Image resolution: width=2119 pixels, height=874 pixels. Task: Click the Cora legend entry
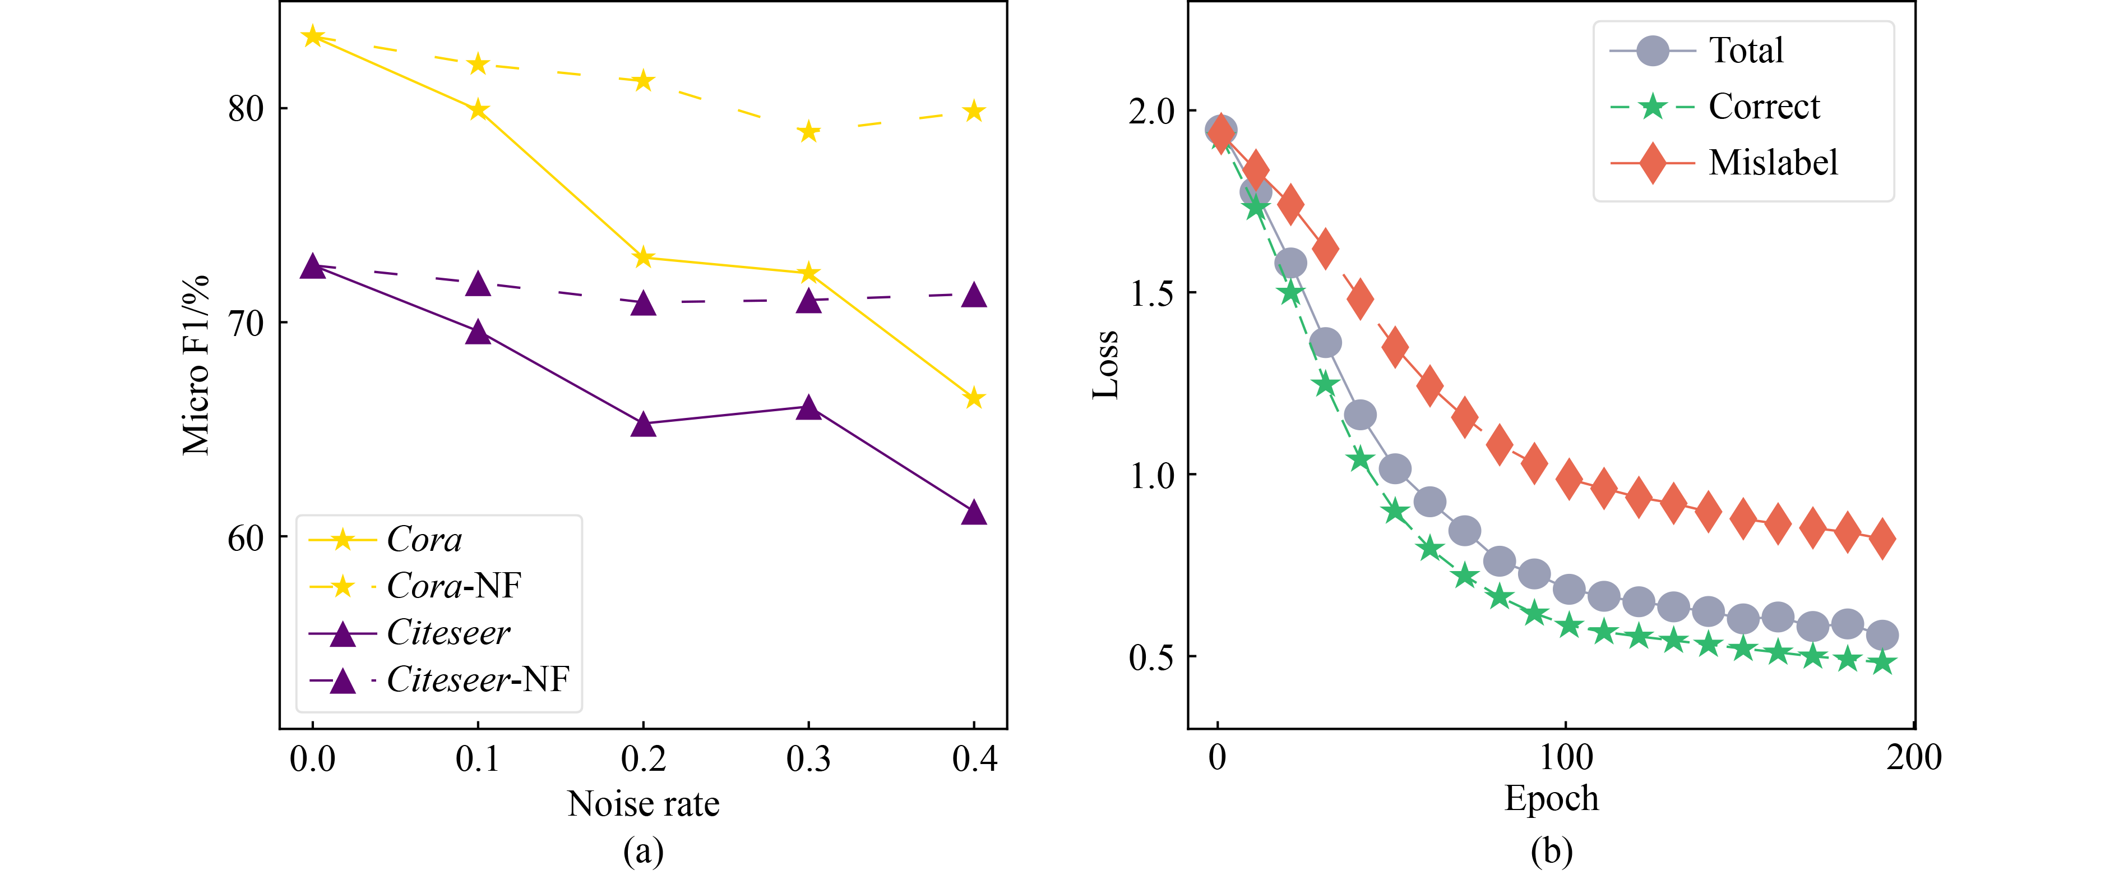[x=424, y=540]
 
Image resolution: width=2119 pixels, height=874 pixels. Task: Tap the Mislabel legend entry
[x=1773, y=163]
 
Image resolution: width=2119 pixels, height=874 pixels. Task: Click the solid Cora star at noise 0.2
[x=644, y=257]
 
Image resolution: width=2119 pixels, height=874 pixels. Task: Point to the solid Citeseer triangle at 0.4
[x=974, y=513]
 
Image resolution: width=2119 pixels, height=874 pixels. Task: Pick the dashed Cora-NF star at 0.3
[x=808, y=132]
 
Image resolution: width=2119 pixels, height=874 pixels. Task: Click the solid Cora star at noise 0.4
[x=974, y=398]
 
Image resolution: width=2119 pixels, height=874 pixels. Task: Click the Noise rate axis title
[x=644, y=803]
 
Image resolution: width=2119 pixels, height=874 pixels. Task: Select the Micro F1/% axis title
[x=196, y=365]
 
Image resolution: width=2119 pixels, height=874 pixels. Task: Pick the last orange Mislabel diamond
[x=1882, y=539]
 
